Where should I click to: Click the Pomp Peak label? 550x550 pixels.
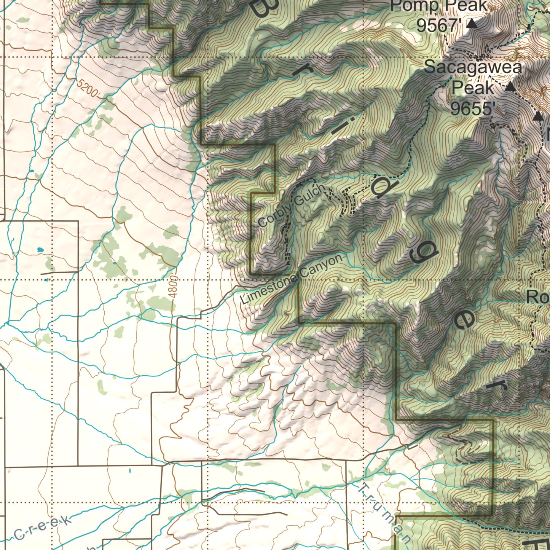tap(438, 6)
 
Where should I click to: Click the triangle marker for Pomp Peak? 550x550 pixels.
tap(472, 24)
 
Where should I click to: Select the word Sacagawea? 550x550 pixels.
tap(473, 67)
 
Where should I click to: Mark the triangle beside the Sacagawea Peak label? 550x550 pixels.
tap(510, 87)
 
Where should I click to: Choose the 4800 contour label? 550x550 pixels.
tap(173, 287)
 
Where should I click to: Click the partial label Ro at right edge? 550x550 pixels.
tap(538, 297)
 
